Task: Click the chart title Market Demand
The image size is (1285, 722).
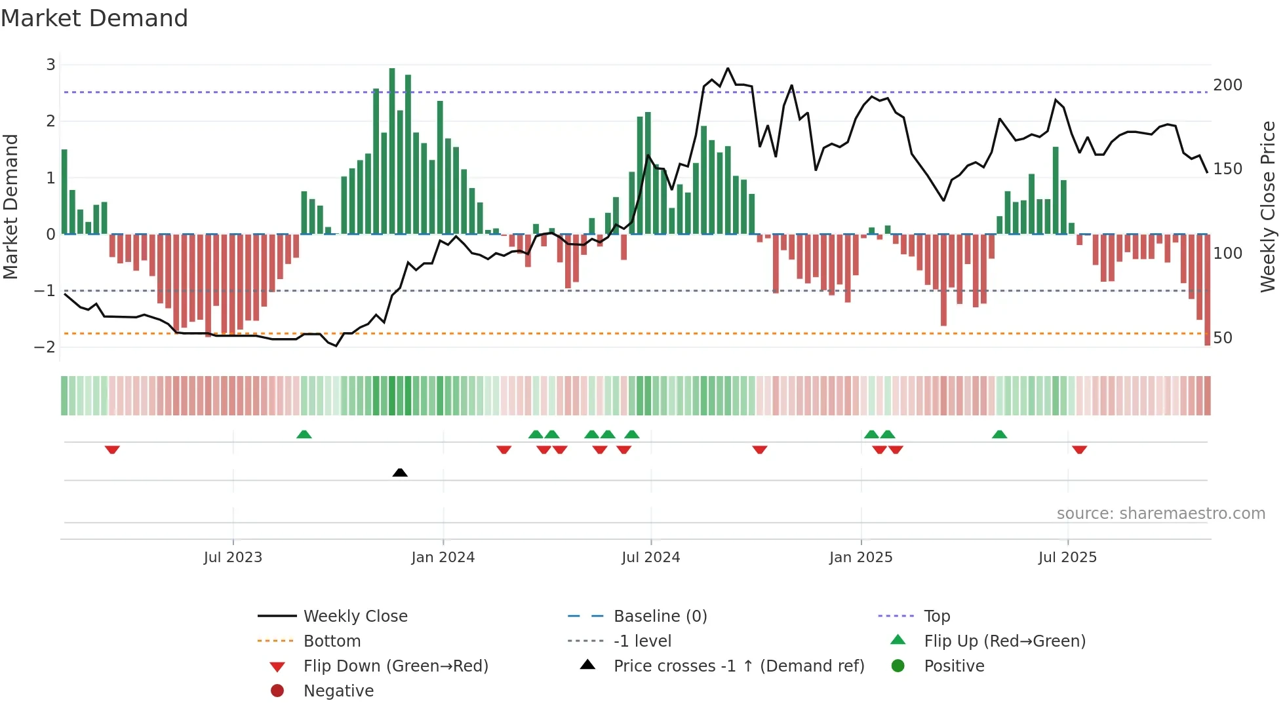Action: (x=94, y=18)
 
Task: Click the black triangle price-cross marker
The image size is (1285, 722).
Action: (x=400, y=472)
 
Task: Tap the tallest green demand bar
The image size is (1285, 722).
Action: (x=392, y=151)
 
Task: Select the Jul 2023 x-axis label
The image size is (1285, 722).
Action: (x=233, y=558)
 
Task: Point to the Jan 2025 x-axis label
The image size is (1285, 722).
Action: (x=860, y=558)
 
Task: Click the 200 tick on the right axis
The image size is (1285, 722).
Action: (x=1227, y=85)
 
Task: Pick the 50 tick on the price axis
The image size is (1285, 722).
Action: (x=1223, y=338)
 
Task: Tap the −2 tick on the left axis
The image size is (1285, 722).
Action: (x=45, y=347)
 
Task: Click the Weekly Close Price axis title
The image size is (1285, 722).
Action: (x=1268, y=206)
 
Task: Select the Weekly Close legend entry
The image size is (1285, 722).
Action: (x=355, y=617)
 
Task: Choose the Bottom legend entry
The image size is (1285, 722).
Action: (x=332, y=641)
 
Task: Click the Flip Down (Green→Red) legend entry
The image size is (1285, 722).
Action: (x=395, y=666)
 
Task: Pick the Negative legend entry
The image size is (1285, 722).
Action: (x=338, y=691)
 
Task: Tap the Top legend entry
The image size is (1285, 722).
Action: (x=936, y=617)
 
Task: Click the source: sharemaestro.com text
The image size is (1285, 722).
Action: (x=1160, y=514)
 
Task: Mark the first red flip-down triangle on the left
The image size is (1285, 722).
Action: (x=112, y=449)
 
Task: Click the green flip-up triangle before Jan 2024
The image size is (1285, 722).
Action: (x=304, y=434)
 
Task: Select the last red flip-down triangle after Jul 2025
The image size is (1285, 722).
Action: (x=1079, y=449)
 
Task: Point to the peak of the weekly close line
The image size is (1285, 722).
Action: (x=728, y=68)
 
